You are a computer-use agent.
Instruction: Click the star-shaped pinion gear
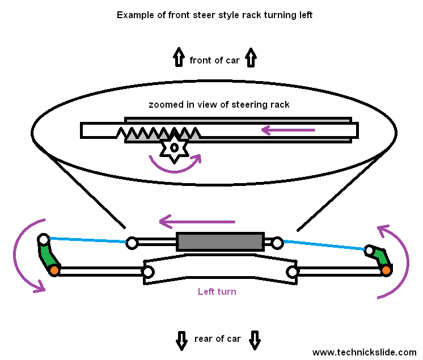point(175,149)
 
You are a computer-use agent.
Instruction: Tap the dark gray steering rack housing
point(220,242)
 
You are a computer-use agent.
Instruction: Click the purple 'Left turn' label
point(217,291)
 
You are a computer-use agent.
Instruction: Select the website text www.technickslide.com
point(364,352)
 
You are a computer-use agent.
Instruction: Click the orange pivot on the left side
point(54,270)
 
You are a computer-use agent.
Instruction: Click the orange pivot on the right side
point(386,270)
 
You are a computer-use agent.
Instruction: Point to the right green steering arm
point(379,256)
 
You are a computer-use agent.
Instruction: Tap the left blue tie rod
point(88,240)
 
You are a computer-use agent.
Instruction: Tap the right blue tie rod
point(323,245)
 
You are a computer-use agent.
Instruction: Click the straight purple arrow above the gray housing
point(197,221)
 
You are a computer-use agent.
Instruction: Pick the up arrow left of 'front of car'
point(179,58)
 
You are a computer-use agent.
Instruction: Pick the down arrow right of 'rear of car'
point(255,339)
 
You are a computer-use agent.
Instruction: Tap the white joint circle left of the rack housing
point(132,243)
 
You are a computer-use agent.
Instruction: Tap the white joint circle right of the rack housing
point(277,243)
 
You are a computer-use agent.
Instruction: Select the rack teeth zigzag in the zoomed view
point(159,134)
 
